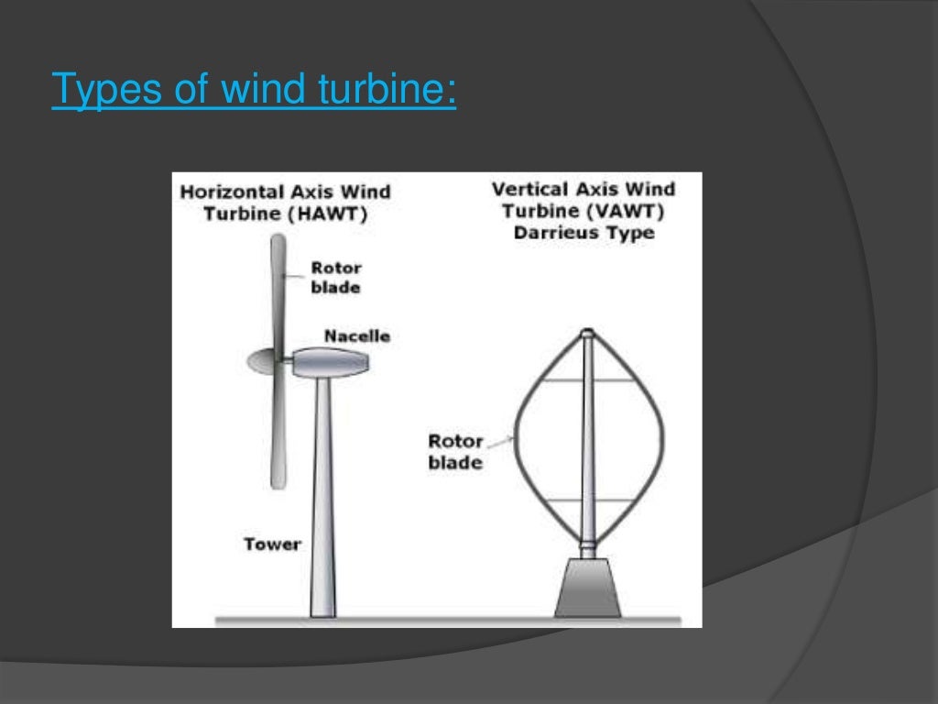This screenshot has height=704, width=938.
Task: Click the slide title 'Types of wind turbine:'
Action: click(254, 91)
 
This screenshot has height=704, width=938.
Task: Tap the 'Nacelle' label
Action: click(356, 336)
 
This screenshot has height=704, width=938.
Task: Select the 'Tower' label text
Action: click(272, 544)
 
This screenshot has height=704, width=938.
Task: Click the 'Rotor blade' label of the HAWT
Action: click(335, 278)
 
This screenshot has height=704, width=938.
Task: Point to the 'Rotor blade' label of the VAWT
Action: click(455, 452)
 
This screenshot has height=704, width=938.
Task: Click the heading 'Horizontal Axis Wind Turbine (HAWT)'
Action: click(285, 203)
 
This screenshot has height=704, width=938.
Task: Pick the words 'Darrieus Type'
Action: click(584, 233)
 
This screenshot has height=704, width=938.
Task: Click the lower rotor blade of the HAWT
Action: click(278, 431)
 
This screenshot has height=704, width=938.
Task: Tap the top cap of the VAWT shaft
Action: click(588, 334)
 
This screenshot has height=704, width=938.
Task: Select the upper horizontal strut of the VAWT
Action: click(588, 380)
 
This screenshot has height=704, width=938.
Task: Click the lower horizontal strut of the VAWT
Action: click(588, 500)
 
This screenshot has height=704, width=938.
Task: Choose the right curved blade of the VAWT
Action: click(656, 440)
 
